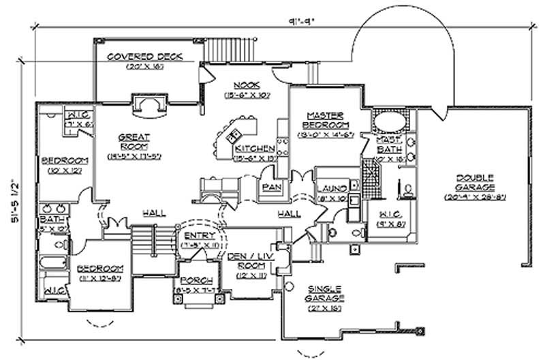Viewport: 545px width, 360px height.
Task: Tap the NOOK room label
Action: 248,85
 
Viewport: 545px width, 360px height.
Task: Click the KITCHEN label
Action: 255,149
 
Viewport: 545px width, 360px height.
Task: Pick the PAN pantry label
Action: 268,185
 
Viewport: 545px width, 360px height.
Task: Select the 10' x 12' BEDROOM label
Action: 61,161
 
